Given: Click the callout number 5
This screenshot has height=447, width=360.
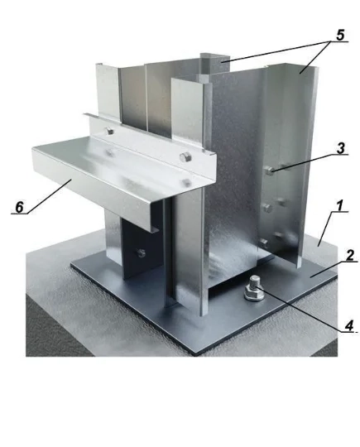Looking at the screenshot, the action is click(x=340, y=35).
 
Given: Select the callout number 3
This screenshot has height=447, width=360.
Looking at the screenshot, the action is click(x=341, y=148).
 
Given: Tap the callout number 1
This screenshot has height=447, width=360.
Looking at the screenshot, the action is click(x=340, y=205).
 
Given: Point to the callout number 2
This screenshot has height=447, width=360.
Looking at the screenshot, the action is click(x=350, y=256).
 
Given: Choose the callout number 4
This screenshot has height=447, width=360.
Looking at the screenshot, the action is click(x=350, y=325).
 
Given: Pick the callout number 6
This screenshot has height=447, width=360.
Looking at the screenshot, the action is click(x=19, y=207).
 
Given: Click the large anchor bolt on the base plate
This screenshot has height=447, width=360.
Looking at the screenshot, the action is click(x=253, y=289).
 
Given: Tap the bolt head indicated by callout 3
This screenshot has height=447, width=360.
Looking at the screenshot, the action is click(x=270, y=171).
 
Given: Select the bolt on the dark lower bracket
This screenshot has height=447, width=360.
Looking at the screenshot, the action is click(x=141, y=252).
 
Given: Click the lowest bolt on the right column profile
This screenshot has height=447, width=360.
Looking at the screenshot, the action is click(x=264, y=243).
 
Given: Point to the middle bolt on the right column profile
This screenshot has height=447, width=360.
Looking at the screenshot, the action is click(x=267, y=208).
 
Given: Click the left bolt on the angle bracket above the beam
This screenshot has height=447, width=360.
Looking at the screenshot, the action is click(x=109, y=132).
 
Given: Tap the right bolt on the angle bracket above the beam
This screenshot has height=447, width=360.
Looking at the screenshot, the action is click(x=185, y=157).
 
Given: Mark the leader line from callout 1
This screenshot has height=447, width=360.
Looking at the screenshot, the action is click(x=325, y=228).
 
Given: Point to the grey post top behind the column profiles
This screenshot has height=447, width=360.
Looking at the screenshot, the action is click(x=211, y=63).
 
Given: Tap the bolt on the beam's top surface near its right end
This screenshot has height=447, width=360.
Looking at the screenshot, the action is click(x=186, y=182).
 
